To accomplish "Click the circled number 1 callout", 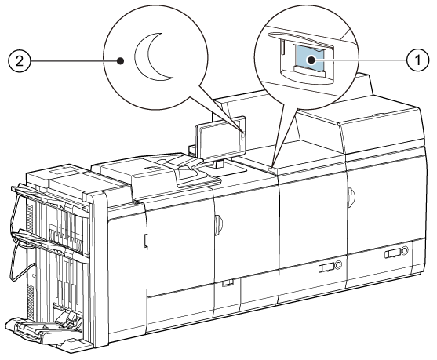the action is coord(417,60).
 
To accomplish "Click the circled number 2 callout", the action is coord(19,60).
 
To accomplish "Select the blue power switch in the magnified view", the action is coord(310,59).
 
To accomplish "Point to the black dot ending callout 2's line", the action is coord(120,60).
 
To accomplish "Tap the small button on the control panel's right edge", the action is coord(243,136).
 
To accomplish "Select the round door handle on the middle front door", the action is coord(219,224).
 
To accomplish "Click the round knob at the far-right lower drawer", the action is coord(405,250).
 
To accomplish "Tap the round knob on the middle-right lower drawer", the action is coord(338,264).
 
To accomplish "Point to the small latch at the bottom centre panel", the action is coord(228,283).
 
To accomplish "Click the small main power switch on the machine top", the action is coord(272,169).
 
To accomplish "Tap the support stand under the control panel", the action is coord(218,164).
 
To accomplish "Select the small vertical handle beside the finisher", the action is coord(145,241).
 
